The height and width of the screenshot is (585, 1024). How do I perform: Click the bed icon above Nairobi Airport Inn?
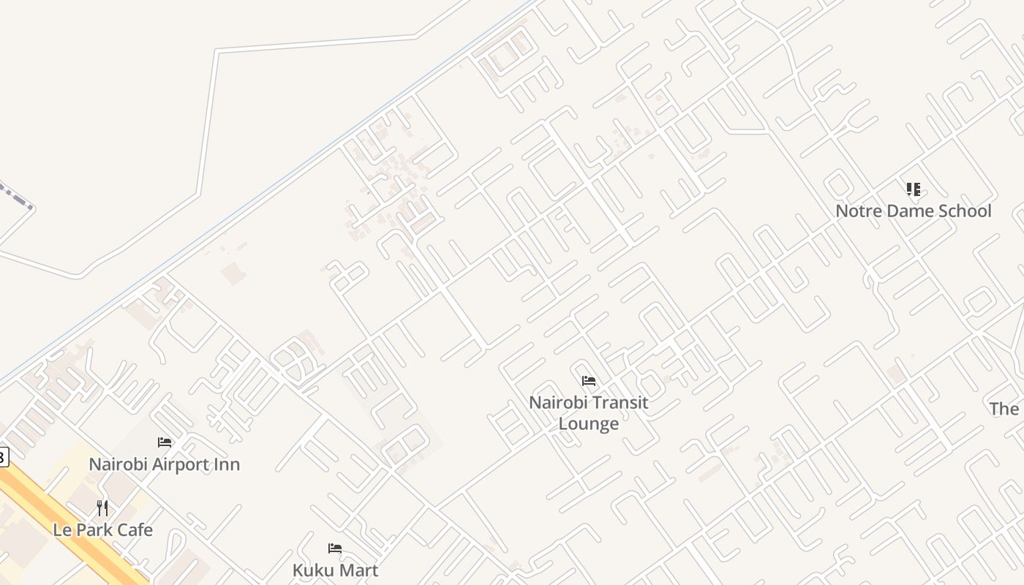click(165, 442)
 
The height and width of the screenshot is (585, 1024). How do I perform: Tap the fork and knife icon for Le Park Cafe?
click(102, 507)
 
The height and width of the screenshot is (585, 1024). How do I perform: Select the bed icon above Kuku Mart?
click(335, 548)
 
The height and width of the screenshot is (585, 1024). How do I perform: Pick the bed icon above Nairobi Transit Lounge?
click(589, 381)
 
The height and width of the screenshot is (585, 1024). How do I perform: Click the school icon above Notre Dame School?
click(913, 190)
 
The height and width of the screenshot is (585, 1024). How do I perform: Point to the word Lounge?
click(589, 424)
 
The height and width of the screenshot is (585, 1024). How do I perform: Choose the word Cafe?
click(135, 530)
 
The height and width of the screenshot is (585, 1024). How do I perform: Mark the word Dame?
click(906, 211)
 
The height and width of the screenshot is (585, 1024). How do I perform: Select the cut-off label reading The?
click(1005, 409)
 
